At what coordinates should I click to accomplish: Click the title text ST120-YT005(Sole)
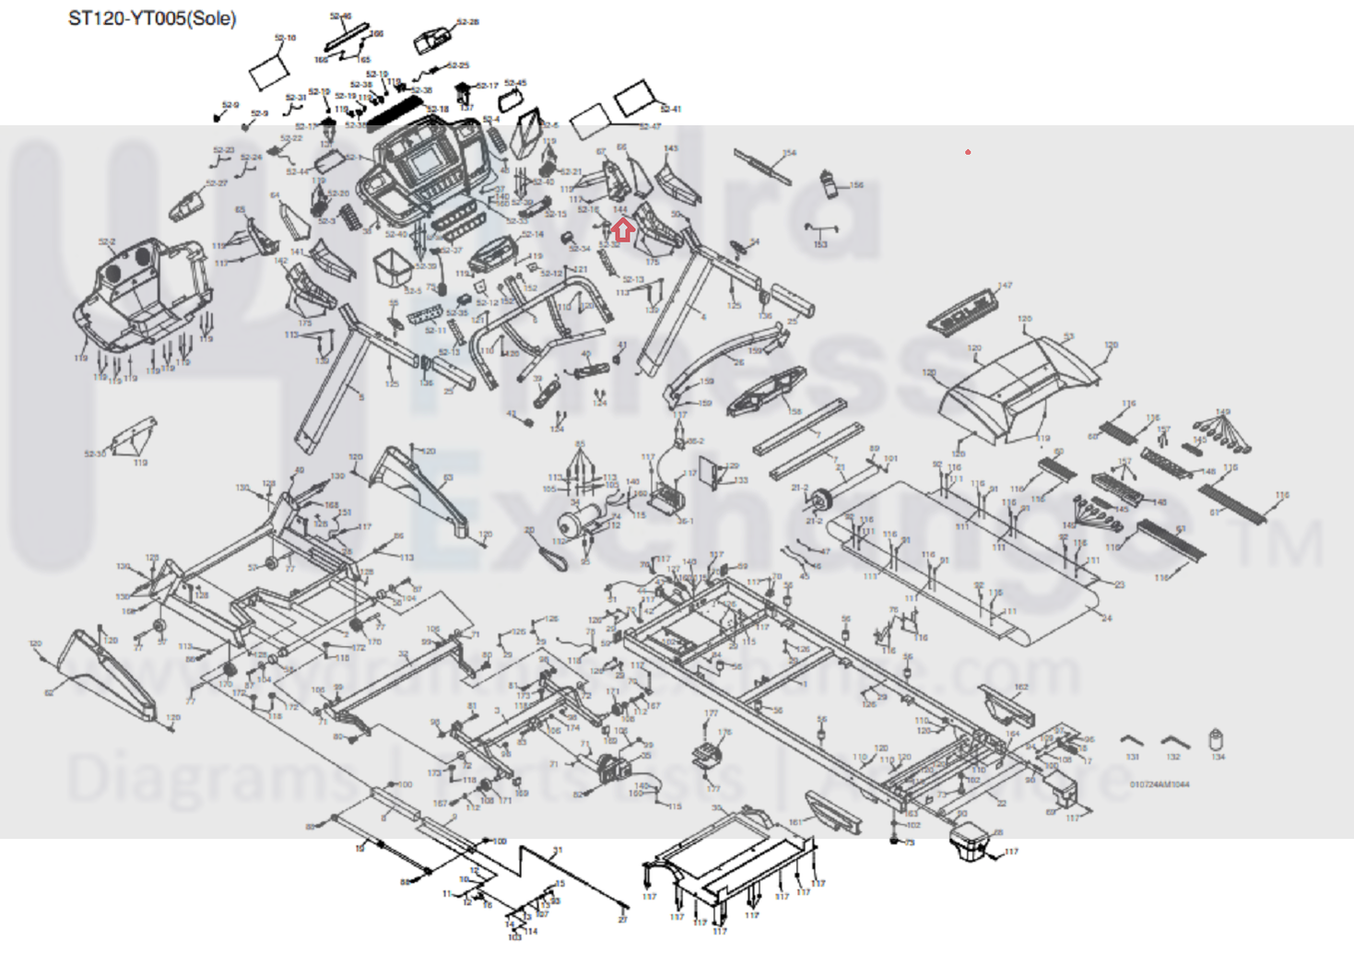pyautogui.click(x=152, y=18)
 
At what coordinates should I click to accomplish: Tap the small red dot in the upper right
pyautogui.click(x=968, y=152)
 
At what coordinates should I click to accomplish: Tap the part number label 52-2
pyautogui.click(x=107, y=243)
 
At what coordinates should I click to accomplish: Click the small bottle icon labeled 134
pyautogui.click(x=1217, y=740)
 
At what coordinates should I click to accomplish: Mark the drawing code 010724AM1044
pyautogui.click(x=1160, y=784)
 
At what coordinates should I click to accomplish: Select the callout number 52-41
pyautogui.click(x=671, y=110)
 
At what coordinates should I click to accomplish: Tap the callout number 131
pyautogui.click(x=1133, y=758)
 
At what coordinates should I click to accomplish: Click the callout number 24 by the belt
pyautogui.click(x=1107, y=618)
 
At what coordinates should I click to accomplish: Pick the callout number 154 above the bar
pyautogui.click(x=789, y=154)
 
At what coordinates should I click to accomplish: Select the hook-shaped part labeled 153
pyautogui.click(x=819, y=229)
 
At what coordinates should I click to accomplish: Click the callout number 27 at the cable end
pyautogui.click(x=623, y=919)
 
